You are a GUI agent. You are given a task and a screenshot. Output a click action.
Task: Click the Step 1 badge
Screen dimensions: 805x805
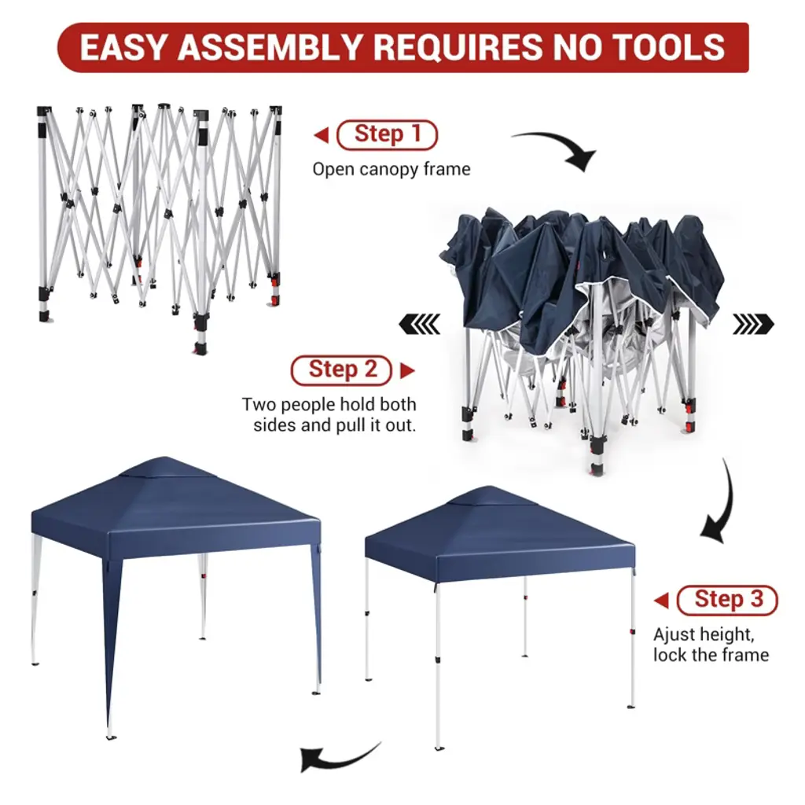(387, 134)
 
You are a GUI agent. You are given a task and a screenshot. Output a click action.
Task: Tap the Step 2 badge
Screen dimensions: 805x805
(341, 369)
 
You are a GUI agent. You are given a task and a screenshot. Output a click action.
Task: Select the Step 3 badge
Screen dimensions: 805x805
(727, 600)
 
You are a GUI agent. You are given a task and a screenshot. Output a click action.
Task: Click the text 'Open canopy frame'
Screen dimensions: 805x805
(391, 170)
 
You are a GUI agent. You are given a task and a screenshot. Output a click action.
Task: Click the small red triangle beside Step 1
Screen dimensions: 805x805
(322, 135)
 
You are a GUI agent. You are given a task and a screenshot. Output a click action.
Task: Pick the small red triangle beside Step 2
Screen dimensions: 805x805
(407, 370)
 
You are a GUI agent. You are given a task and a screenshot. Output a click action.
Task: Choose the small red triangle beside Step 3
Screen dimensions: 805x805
(662, 600)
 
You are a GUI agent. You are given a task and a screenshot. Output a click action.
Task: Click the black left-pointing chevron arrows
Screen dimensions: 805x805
(420, 324)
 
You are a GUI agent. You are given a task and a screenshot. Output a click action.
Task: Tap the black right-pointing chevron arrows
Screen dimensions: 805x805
(753, 324)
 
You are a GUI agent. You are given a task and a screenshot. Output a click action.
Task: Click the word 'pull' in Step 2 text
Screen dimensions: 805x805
(347, 425)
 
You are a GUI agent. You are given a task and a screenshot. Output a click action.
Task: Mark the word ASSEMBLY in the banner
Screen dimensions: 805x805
(270, 47)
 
